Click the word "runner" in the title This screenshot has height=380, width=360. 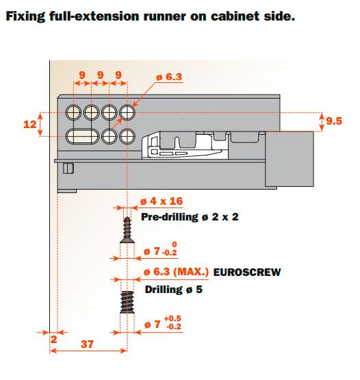(164, 16)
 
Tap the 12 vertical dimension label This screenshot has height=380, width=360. (29, 125)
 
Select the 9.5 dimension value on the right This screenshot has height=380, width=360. (334, 121)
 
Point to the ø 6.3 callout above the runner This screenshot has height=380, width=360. (169, 77)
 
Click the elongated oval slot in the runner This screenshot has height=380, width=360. (82, 136)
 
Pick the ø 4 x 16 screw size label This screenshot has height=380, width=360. (162, 201)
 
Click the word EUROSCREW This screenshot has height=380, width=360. (247, 273)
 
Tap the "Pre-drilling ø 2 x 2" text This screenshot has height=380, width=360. (190, 216)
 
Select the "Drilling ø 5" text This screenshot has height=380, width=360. (173, 290)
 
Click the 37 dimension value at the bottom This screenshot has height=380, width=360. (87, 344)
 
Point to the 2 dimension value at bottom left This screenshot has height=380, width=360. (54, 340)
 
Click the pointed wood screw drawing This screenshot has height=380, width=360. (127, 230)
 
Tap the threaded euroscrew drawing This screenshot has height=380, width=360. (127, 302)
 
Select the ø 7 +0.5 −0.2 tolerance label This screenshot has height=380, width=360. (163, 322)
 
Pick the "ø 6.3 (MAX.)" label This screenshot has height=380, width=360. (176, 272)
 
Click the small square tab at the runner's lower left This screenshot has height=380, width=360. (68, 168)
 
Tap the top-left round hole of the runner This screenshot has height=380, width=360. (73, 112)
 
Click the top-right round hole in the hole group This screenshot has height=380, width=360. (127, 112)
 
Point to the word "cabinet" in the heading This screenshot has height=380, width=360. (232, 16)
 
